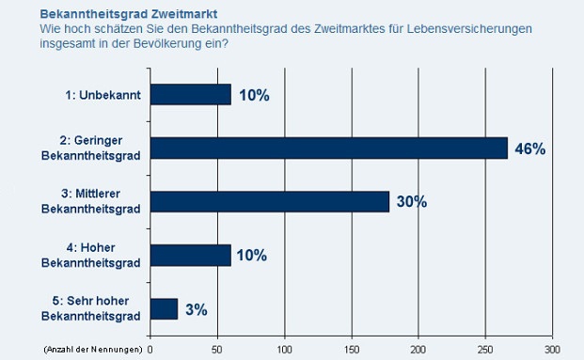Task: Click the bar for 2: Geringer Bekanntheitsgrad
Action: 328,148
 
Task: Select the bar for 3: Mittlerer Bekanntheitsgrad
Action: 269,201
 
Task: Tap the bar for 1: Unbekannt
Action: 190,94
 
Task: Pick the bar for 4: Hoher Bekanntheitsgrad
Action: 190,255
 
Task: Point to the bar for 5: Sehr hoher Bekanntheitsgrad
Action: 164,308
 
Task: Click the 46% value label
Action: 529,149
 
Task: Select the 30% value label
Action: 411,202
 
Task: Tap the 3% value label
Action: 196,309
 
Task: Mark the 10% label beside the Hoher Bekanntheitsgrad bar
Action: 251,256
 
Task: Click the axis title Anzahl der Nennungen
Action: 93,350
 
